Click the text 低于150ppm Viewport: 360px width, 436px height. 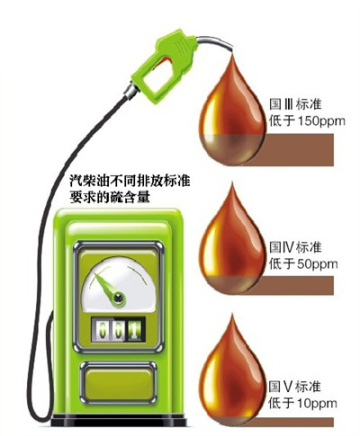click(x=307, y=121)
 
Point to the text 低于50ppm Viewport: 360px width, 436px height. click(x=303, y=264)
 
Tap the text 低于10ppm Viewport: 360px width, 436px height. click(x=302, y=404)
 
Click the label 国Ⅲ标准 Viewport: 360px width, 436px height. click(x=295, y=104)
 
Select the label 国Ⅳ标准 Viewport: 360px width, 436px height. click(x=295, y=247)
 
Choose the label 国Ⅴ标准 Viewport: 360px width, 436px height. click(x=294, y=387)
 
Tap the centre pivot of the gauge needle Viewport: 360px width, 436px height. click(x=119, y=298)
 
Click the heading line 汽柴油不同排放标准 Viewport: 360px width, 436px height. click(x=130, y=182)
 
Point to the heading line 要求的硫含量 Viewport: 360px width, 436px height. click(x=110, y=197)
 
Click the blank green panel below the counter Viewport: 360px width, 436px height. click(x=119, y=383)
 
